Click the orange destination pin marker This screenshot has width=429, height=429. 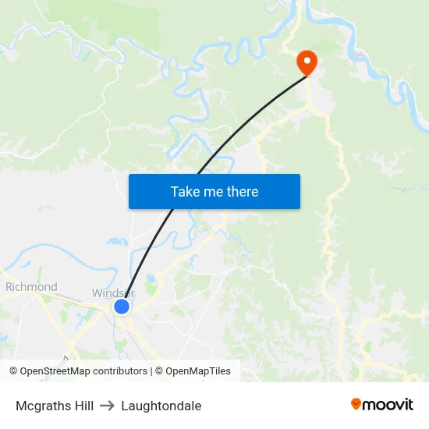(306, 63)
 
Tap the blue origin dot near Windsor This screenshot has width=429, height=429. (122, 307)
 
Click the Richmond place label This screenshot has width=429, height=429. (31, 287)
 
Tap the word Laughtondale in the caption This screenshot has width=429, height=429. (161, 406)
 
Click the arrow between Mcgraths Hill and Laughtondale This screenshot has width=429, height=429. (108, 406)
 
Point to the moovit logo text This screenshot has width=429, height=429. (388, 405)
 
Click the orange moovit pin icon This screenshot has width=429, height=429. (356, 404)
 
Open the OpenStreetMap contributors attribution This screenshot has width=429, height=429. (78, 371)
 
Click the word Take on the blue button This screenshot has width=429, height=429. (185, 191)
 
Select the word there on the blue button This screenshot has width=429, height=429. (242, 191)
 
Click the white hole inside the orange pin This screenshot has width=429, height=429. (306, 59)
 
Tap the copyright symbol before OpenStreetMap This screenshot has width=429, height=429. (14, 371)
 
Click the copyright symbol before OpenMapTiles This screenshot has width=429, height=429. (159, 371)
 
